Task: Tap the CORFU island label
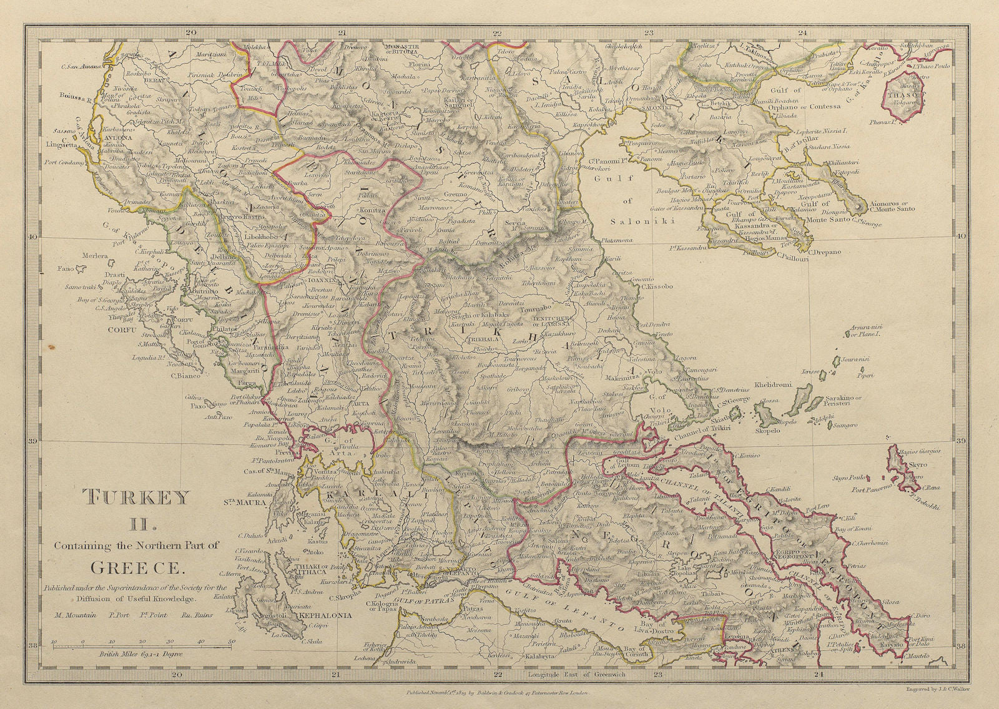coord(119,328)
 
